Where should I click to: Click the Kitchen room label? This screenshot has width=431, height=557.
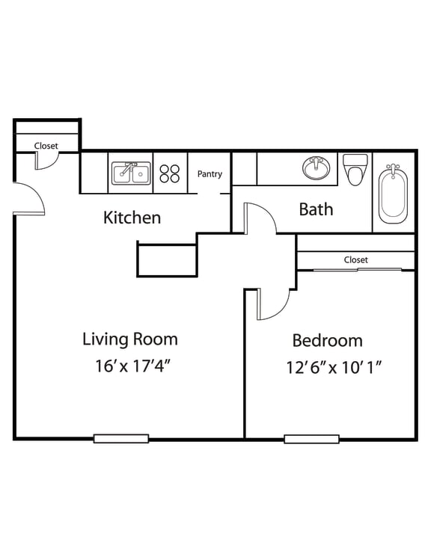[x=132, y=218]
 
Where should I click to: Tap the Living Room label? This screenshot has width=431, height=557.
[x=130, y=339]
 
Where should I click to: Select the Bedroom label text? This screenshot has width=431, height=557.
[x=327, y=340]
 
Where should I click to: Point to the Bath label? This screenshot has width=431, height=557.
[x=316, y=209]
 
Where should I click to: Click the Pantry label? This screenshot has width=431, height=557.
[x=210, y=174]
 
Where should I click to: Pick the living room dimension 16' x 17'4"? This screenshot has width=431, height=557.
[x=130, y=367]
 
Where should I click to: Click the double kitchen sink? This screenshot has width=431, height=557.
[x=131, y=173]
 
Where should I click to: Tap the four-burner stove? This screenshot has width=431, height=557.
[x=170, y=173]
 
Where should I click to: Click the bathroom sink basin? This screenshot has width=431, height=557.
[x=315, y=168]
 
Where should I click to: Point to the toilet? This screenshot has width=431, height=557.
[x=355, y=168]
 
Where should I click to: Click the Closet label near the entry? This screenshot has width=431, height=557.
[x=46, y=146]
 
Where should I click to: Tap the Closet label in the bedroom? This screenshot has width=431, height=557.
[x=355, y=260]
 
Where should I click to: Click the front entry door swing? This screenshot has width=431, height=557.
[x=28, y=198]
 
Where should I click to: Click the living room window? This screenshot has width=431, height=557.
[x=120, y=439]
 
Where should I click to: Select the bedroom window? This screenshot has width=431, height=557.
[x=311, y=439]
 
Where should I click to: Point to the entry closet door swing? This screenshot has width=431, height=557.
[x=47, y=161]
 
